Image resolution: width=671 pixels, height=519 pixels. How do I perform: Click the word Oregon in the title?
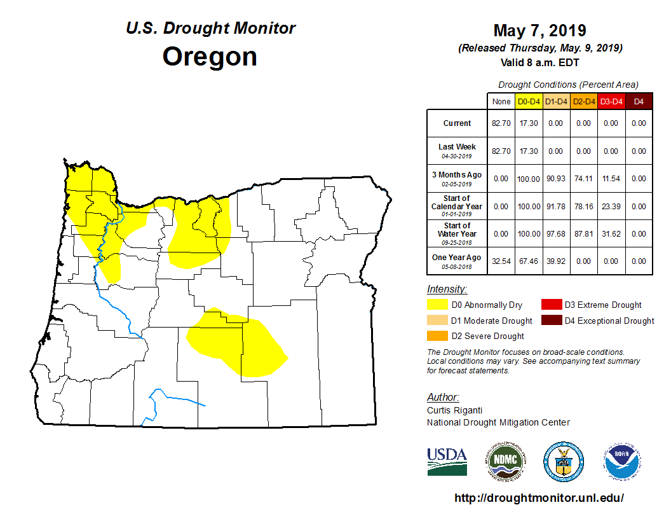(x=210, y=57)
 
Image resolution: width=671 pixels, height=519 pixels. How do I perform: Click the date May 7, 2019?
(x=539, y=31)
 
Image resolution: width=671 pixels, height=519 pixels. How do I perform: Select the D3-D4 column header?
(x=611, y=101)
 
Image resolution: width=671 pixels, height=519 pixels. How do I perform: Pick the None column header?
(x=501, y=101)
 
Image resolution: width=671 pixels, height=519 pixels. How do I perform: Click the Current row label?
(x=457, y=123)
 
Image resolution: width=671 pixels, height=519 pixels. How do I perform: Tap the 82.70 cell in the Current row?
(x=501, y=123)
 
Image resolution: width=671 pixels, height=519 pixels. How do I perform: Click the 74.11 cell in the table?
(x=583, y=179)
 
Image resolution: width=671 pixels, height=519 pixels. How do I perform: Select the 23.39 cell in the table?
(x=611, y=207)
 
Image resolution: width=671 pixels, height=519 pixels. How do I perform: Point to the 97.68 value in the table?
(x=555, y=234)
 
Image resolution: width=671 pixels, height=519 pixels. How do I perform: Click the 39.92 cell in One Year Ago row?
(x=555, y=261)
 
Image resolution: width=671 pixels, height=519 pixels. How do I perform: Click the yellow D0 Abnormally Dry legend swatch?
(x=437, y=305)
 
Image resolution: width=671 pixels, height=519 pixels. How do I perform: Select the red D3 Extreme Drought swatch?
(x=551, y=305)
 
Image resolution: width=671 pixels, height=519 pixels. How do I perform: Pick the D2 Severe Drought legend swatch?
(x=437, y=336)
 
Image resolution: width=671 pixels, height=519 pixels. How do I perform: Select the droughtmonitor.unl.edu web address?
(x=539, y=498)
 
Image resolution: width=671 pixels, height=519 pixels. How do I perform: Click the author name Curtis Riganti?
(x=454, y=411)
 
